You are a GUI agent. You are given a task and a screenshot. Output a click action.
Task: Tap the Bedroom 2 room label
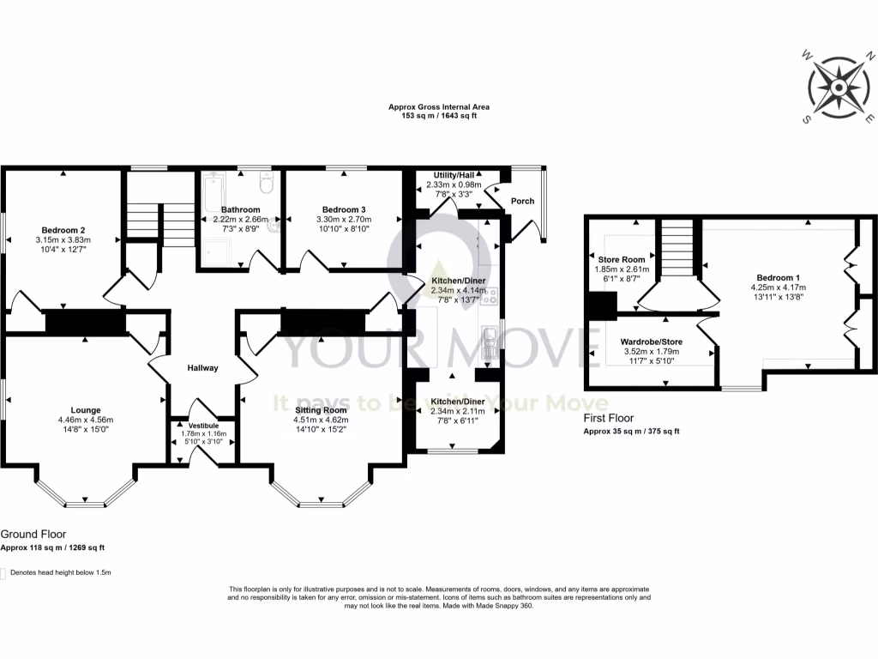64,229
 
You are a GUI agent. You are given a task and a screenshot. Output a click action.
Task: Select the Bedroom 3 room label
344,210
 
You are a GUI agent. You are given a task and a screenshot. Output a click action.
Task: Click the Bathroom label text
240,209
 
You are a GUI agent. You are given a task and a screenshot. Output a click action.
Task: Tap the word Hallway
203,368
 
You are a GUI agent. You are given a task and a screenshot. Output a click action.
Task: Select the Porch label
522,201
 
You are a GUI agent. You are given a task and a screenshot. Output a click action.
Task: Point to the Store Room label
622,259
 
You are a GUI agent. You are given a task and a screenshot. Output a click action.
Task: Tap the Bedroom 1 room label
775,277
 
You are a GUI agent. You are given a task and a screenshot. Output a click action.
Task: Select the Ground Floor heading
33,534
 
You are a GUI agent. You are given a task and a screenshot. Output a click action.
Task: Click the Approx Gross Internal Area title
439,107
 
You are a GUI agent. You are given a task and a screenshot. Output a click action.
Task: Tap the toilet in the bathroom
265,183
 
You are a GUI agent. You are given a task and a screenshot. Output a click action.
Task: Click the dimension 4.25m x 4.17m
775,287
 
